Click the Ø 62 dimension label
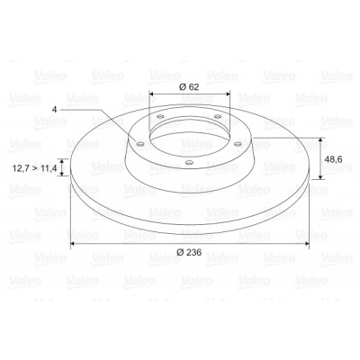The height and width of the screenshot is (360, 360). coord(189,87)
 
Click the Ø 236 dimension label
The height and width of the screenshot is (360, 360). coord(189,252)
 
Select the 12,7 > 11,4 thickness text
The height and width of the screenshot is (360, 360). coord(34,168)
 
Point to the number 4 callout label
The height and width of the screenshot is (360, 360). coord(54,110)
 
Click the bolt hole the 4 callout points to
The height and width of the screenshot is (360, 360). coord(139,144)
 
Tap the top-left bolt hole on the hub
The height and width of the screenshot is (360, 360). coord(161,116)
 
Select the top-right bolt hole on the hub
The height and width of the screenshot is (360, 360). coord(218,116)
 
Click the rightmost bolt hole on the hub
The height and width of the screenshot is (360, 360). coord(238,144)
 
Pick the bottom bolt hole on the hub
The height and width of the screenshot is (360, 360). coord(189,163)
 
